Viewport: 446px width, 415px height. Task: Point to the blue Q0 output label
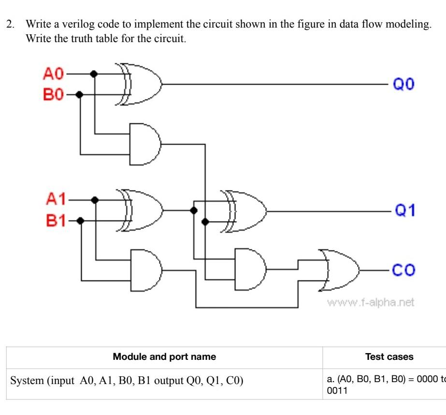coord(403,84)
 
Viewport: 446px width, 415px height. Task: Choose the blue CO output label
coord(403,269)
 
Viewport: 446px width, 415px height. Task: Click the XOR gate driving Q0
coord(140,84)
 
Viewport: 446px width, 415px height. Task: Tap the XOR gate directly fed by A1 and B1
coord(143,210)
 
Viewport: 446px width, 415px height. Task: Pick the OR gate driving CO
coord(341,270)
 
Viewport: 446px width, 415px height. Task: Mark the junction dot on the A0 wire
coord(94,74)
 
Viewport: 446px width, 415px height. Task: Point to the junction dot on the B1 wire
coord(81,221)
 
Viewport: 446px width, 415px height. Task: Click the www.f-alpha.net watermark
coord(371,303)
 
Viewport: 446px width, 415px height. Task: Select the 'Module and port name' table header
coord(164,357)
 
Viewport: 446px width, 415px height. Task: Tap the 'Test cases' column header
coord(389,357)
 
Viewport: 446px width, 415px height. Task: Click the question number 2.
coord(8,24)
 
